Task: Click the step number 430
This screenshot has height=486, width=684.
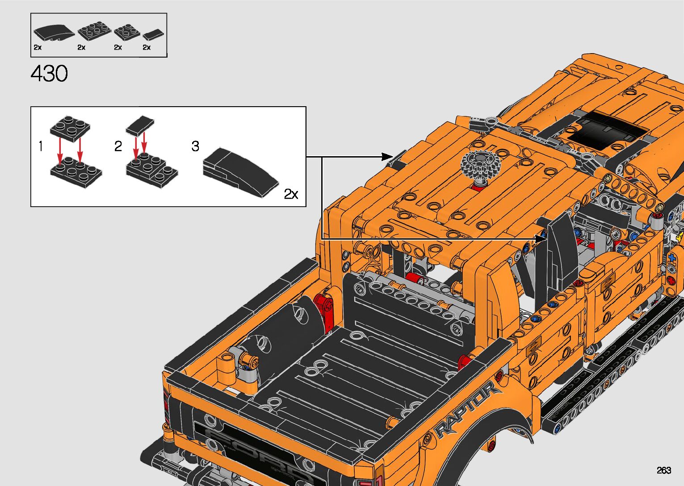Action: pos(49,74)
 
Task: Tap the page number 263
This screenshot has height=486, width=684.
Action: pos(664,470)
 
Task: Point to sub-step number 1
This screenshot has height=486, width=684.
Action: pos(41,146)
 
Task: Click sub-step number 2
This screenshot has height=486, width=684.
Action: pos(118,146)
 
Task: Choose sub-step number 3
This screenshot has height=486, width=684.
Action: pos(195,146)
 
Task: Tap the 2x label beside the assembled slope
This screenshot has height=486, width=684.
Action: pos(291,194)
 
